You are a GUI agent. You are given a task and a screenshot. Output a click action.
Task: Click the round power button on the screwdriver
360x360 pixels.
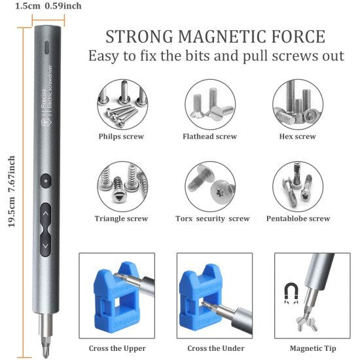point(45,179)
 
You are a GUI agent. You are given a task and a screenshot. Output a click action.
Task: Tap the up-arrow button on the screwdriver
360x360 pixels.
point(45,211)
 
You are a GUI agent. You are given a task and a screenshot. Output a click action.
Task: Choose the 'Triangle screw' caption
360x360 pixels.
point(121,219)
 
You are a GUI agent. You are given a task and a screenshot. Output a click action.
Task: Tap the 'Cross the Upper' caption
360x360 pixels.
point(117,348)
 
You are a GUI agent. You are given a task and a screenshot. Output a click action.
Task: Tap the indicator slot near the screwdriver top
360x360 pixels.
point(46,48)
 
